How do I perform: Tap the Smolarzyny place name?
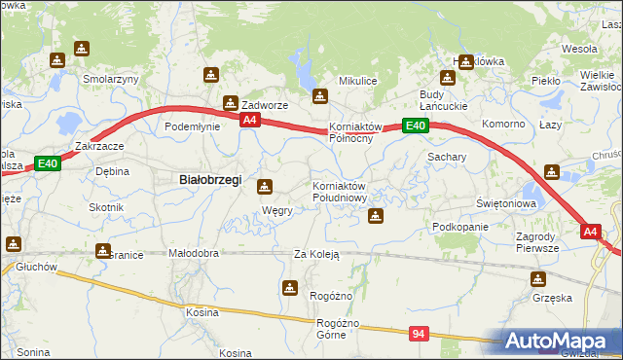click(x=111, y=79)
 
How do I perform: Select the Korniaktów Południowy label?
click(x=339, y=192)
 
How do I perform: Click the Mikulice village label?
click(x=357, y=80)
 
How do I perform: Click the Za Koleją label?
click(x=315, y=254)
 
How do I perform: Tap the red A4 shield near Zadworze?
click(x=250, y=120)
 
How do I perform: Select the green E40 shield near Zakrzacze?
click(x=49, y=163)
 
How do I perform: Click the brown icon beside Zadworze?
click(x=232, y=102)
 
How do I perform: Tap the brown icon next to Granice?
click(x=102, y=251)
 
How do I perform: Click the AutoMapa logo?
click(x=562, y=342)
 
